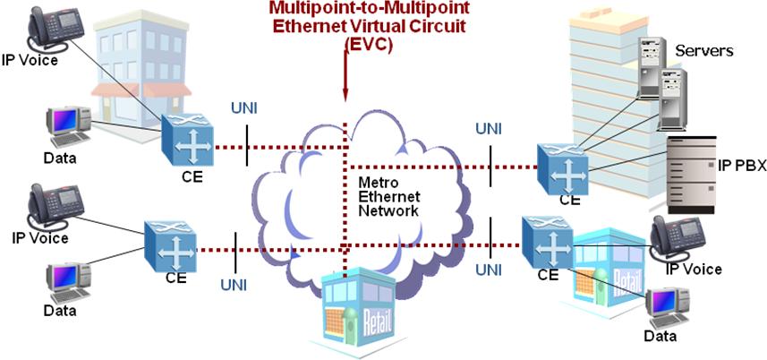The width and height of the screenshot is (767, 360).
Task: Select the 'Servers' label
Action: [703, 51]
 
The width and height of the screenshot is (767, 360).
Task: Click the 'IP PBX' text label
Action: [741, 167]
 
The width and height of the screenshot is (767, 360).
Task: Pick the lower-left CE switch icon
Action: [169, 243]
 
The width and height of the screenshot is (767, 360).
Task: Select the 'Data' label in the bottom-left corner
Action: [60, 311]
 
